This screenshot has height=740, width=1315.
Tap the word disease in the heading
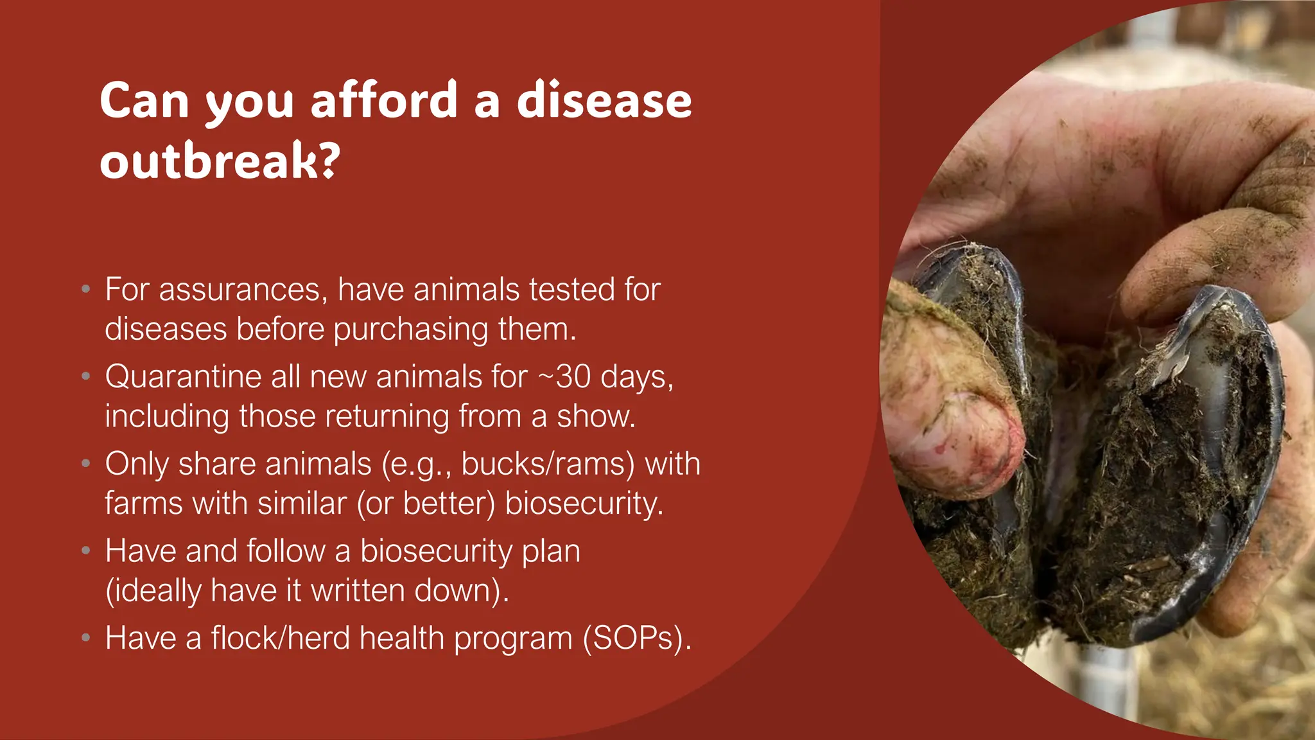coord(604,101)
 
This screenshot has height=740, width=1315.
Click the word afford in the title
coord(384,101)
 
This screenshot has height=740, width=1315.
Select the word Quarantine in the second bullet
coord(183,376)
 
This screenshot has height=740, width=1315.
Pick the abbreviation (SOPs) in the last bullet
coord(636,639)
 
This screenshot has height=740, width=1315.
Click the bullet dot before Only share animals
coord(86,463)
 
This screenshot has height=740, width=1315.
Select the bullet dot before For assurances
coord(86,289)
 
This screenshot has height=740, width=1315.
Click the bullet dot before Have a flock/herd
coord(86,638)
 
